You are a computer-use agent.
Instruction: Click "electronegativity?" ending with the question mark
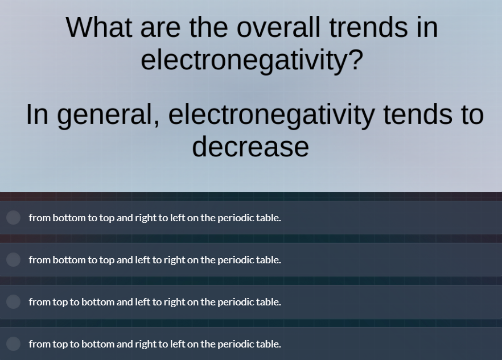click(x=252, y=60)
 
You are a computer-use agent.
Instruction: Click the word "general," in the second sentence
click(x=109, y=115)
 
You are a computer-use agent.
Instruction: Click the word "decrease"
click(x=250, y=147)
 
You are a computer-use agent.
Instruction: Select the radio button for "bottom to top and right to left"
click(x=14, y=218)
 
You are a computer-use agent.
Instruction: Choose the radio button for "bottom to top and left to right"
click(x=14, y=260)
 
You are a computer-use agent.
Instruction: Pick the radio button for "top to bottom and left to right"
click(x=14, y=302)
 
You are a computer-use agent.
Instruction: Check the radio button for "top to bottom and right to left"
click(x=14, y=344)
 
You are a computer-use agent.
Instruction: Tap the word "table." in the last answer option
click(x=269, y=344)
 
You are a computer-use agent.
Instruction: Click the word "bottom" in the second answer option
click(x=69, y=260)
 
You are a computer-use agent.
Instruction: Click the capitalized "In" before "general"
click(x=37, y=115)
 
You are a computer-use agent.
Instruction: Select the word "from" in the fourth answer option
click(x=40, y=344)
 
